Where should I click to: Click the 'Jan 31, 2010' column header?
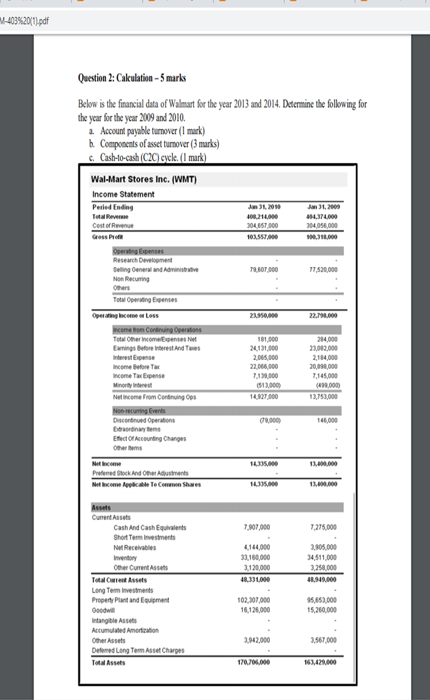[262, 207]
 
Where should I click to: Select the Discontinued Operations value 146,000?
[325, 420]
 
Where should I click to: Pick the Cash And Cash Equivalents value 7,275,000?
[324, 527]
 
